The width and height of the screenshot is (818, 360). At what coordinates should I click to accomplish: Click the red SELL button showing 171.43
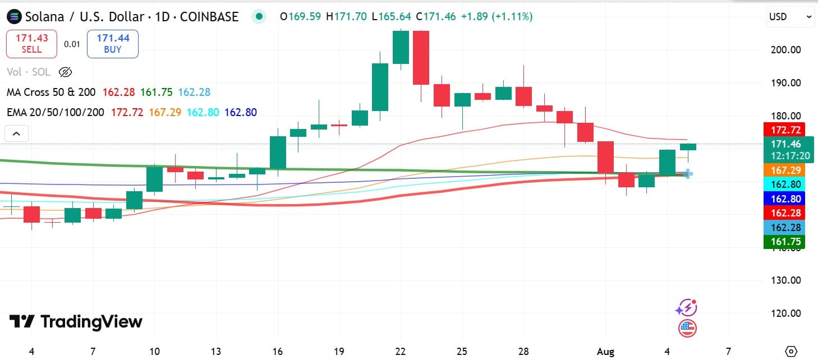pyautogui.click(x=31, y=44)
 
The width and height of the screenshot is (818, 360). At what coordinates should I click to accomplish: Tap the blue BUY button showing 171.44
pyautogui.click(x=113, y=44)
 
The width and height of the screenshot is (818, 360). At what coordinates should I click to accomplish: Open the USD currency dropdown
pyautogui.click(x=790, y=17)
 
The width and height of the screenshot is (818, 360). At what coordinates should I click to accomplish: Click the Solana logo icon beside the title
pyautogui.click(x=14, y=17)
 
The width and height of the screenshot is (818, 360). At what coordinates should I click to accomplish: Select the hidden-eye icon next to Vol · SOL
pyautogui.click(x=66, y=72)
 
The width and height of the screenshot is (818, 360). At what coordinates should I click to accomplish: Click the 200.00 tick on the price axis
pyautogui.click(x=785, y=50)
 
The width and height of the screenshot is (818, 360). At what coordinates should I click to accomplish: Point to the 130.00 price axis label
pyautogui.click(x=785, y=280)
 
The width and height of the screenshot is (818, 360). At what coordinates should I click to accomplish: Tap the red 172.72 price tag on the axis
pyautogui.click(x=784, y=130)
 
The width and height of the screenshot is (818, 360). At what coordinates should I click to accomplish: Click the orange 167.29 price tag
pyautogui.click(x=784, y=170)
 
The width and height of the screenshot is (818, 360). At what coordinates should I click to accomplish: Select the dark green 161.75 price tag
pyautogui.click(x=784, y=242)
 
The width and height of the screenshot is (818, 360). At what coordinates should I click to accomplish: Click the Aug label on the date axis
pyautogui.click(x=606, y=352)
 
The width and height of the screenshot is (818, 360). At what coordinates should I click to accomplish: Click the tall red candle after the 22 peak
pyautogui.click(x=421, y=58)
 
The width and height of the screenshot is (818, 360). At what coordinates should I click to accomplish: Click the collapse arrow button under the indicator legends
pyautogui.click(x=16, y=133)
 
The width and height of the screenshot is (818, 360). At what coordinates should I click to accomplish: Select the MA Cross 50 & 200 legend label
pyautogui.click(x=51, y=92)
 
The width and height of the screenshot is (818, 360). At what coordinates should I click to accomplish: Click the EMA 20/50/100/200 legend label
pyautogui.click(x=56, y=112)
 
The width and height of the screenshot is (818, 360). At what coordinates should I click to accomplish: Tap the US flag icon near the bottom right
pyautogui.click(x=687, y=328)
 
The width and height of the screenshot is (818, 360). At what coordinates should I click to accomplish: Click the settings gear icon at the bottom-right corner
pyautogui.click(x=791, y=352)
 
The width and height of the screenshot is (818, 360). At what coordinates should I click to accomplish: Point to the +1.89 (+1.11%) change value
pyautogui.click(x=497, y=17)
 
